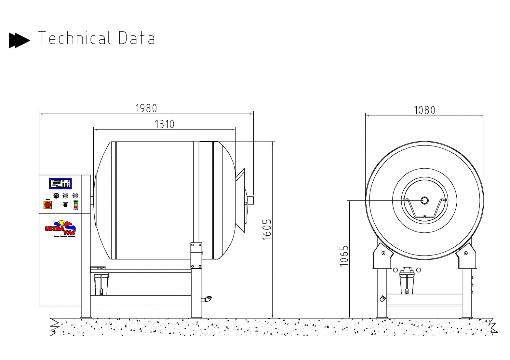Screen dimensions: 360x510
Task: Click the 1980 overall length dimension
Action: point(146,108)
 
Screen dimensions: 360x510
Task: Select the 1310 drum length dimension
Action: point(164,124)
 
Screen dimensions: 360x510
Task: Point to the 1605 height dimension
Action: point(267,229)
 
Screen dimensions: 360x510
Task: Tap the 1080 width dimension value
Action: point(424,110)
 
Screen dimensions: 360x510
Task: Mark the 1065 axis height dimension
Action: point(344,256)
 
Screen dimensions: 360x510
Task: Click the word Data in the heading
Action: point(137,38)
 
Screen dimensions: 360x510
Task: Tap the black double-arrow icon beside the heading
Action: point(19,40)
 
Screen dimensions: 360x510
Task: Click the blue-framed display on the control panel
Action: point(60,183)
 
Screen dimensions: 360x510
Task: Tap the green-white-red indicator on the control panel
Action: point(76,205)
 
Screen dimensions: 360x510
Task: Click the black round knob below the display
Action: point(65,205)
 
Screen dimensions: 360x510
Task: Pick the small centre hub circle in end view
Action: point(424,200)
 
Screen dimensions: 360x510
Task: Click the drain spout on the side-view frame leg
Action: point(207,298)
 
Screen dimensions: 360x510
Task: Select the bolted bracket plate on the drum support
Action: point(196,256)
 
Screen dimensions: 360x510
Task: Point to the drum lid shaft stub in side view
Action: point(250,200)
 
